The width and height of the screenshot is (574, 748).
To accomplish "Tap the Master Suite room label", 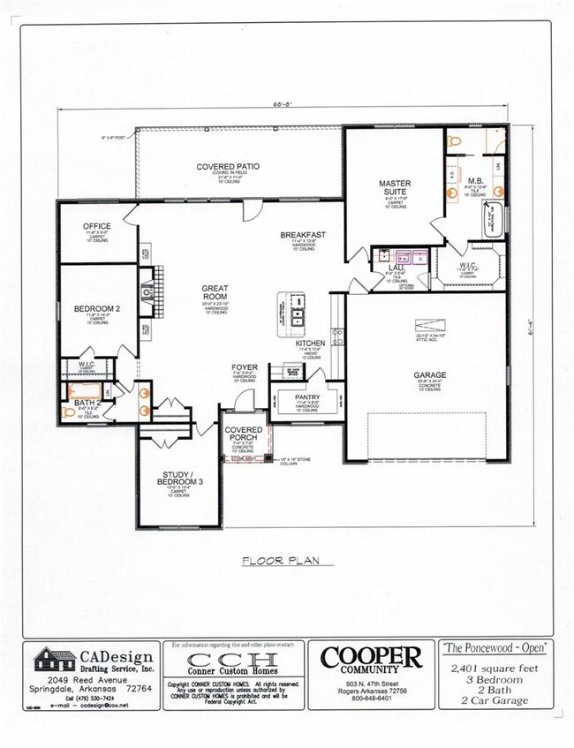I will (396, 188).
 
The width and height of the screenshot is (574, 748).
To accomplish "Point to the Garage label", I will (430, 374).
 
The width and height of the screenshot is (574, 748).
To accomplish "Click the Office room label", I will (96, 226).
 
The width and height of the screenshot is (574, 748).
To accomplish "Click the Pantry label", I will (306, 398).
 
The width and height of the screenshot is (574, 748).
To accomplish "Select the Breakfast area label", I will (304, 235).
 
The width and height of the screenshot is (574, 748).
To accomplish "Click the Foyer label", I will (244, 366).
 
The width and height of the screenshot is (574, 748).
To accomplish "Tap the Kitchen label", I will (310, 342).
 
